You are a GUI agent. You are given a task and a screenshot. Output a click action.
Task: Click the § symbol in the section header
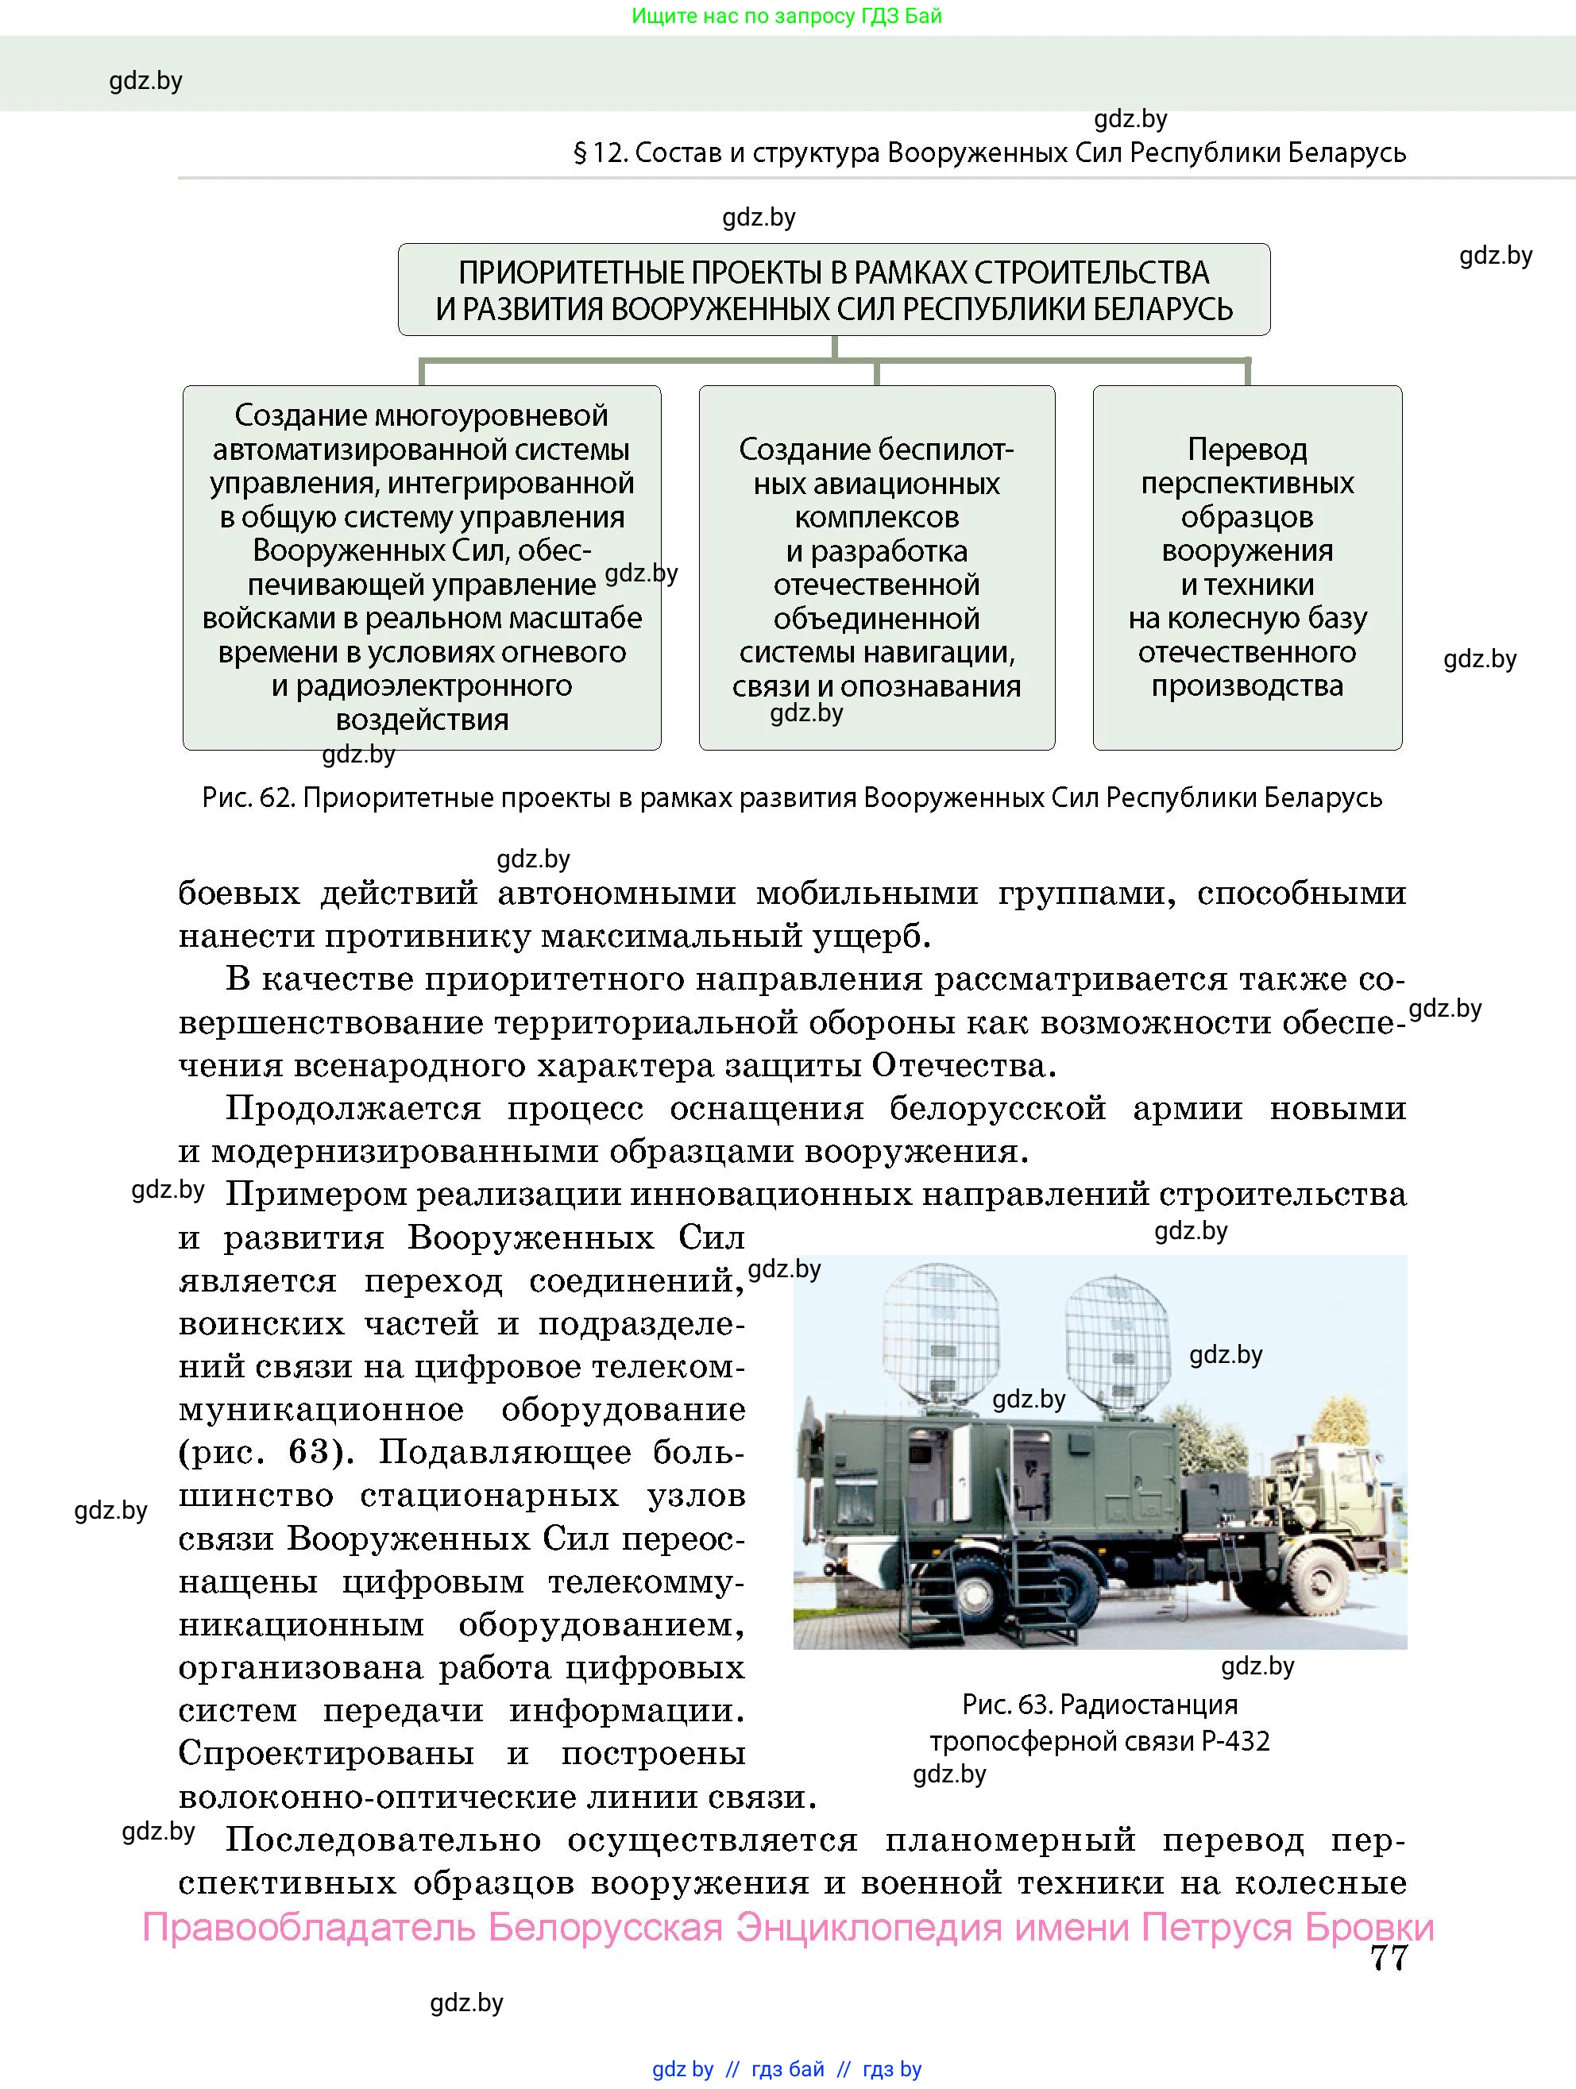tap(580, 153)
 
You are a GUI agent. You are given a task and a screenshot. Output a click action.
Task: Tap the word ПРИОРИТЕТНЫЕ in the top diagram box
tap(571, 273)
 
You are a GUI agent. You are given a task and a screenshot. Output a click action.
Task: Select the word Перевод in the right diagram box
tap(1246, 450)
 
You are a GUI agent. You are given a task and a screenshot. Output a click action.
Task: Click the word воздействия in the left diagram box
tap(422, 720)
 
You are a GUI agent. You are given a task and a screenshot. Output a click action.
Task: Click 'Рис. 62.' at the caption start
tap(249, 799)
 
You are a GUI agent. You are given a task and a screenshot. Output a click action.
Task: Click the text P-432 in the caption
tap(1236, 1741)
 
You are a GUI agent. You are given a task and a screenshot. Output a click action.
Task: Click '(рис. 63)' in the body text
tap(265, 1453)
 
